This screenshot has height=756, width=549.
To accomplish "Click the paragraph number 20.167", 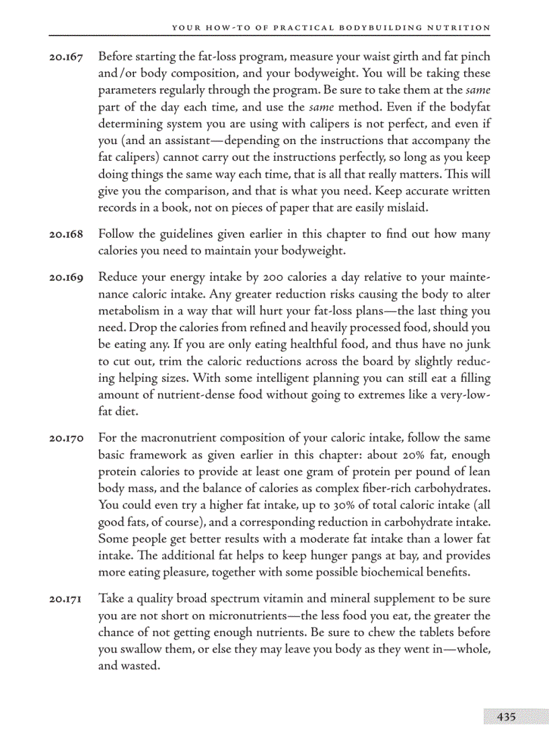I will point(66,57).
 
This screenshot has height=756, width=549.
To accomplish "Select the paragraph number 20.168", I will point(66,235).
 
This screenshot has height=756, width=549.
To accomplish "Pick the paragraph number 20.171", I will point(66,599).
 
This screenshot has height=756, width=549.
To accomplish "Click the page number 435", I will point(506,717).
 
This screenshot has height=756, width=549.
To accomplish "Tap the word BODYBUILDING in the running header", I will point(382,28).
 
